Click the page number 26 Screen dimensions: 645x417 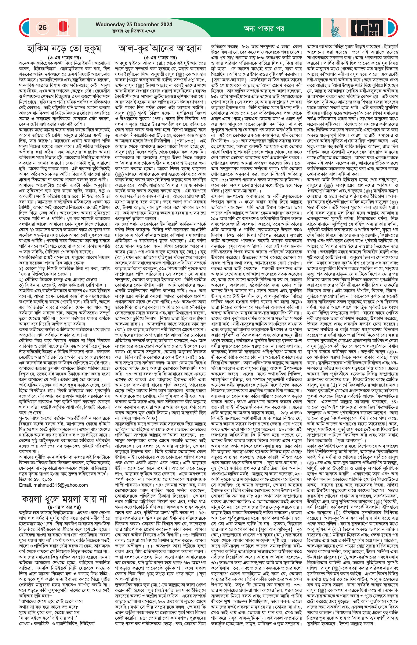[x=43, y=27]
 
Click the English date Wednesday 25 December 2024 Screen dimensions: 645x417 [x=134, y=24]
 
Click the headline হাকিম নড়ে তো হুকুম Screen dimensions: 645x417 [x=64, y=49]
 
